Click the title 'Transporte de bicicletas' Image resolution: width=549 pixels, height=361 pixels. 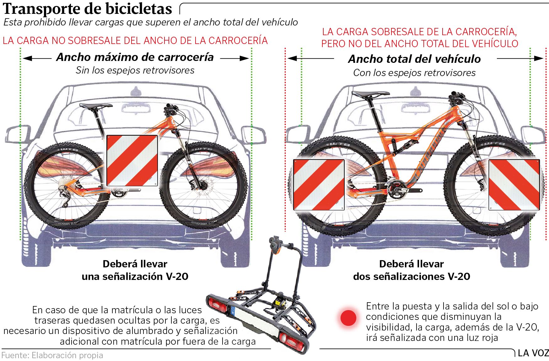(88, 9)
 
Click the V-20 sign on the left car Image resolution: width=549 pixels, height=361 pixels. (132, 161)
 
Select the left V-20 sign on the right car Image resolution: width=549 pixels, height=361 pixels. (319, 185)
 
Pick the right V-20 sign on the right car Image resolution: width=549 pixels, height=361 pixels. (514, 185)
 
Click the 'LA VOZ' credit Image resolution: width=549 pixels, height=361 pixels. (533, 353)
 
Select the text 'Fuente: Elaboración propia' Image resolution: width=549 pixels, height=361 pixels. (52, 355)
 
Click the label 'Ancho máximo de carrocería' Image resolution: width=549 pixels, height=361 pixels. (135, 57)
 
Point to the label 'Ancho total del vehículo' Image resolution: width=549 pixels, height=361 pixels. (414, 59)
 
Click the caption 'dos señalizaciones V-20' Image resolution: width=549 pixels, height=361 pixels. (412, 276)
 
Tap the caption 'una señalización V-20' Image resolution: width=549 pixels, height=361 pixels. (135, 276)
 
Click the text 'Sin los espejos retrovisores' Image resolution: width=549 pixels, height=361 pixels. (135, 70)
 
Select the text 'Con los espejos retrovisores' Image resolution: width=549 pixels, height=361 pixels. (414, 73)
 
